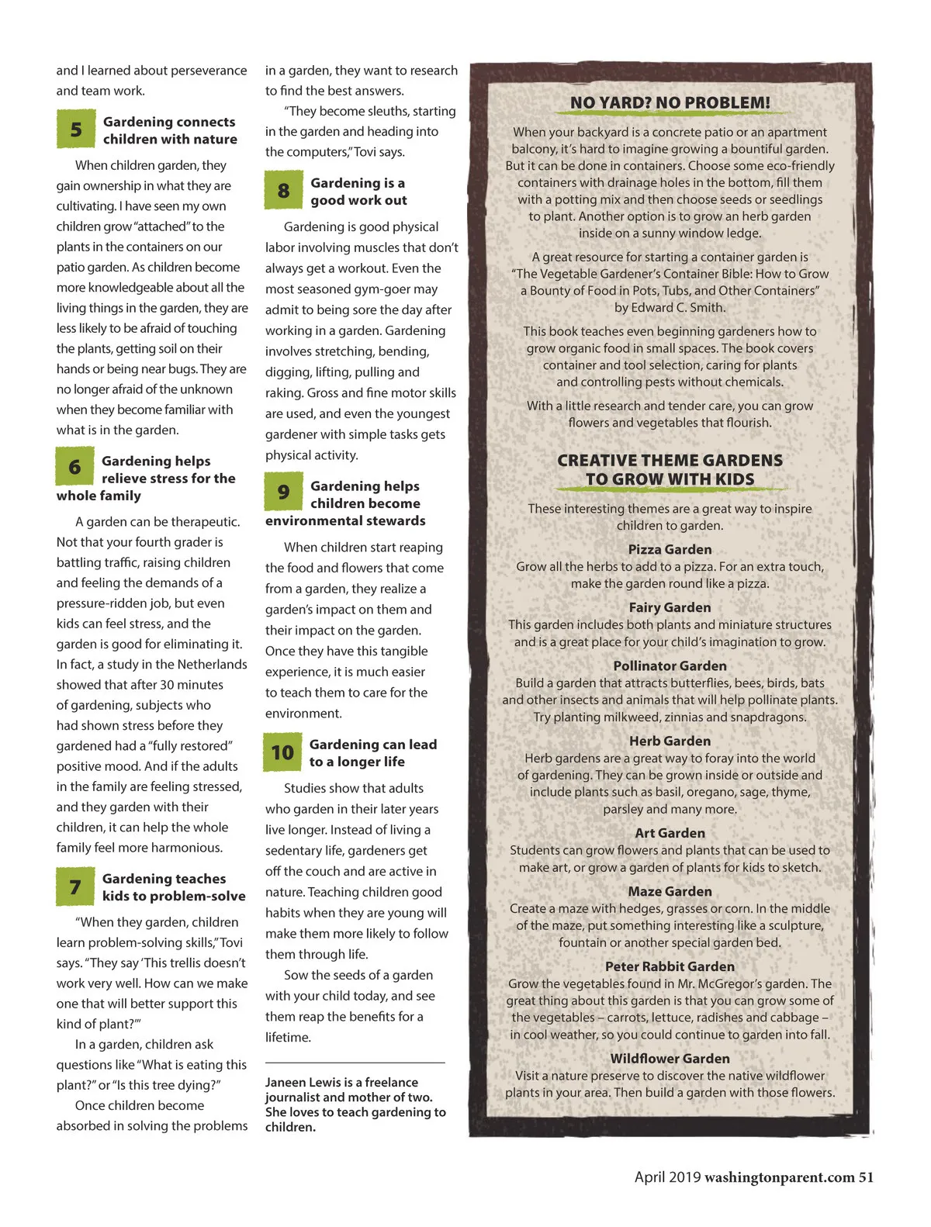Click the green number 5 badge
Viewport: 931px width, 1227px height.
coord(75,130)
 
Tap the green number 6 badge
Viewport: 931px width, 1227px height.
coord(74,467)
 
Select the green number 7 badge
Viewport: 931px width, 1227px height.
coord(74,887)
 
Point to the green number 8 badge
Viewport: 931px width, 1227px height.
coord(283,191)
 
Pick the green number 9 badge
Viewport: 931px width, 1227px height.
coord(283,493)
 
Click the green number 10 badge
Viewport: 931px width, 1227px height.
coord(282,752)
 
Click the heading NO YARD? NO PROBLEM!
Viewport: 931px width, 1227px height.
coord(670,102)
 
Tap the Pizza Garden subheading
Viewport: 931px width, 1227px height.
coord(670,549)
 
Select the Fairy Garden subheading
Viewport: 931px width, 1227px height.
coord(670,607)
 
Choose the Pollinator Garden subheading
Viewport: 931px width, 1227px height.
coord(670,665)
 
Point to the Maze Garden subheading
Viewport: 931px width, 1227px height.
coord(670,891)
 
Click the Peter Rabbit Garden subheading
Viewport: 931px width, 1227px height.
coord(670,966)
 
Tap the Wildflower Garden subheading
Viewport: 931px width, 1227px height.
coord(670,1058)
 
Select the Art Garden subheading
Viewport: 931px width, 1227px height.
coord(670,833)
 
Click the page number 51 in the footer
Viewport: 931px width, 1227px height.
coord(866,1177)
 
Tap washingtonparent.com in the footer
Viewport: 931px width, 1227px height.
coord(779,1177)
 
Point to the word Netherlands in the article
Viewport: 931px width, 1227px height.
coord(212,665)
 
